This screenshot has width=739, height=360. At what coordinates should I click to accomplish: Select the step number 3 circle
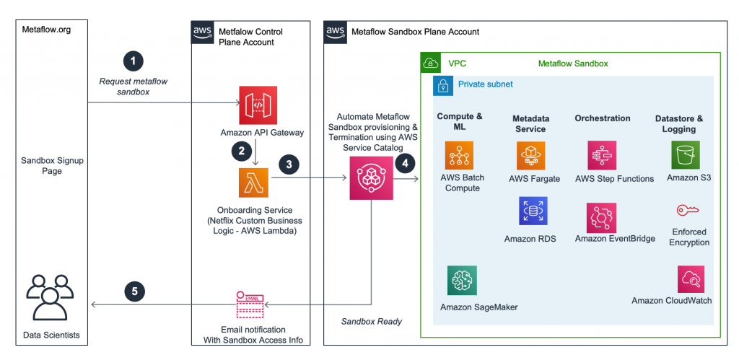[x=289, y=164]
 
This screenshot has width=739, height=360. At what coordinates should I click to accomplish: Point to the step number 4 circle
[x=405, y=164]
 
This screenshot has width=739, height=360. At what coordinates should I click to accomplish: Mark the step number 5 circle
[x=134, y=291]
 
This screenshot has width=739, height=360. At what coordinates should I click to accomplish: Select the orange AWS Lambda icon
[x=253, y=183]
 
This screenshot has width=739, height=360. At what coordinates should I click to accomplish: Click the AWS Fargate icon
[x=531, y=155]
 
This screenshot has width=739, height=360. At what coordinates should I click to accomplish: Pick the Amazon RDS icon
[x=533, y=211]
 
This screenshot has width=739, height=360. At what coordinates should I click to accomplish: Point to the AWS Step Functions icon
[x=602, y=155]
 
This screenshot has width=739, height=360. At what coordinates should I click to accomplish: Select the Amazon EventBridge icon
[x=602, y=217]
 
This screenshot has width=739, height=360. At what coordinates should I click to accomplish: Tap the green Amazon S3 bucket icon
[x=686, y=155]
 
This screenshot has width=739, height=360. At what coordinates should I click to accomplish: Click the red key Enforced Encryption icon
[x=686, y=211]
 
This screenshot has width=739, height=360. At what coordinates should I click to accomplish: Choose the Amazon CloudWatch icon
[x=691, y=279]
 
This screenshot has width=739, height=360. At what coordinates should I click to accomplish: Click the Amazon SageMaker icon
[x=462, y=280]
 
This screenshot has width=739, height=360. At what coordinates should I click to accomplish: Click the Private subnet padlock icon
[x=442, y=85]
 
